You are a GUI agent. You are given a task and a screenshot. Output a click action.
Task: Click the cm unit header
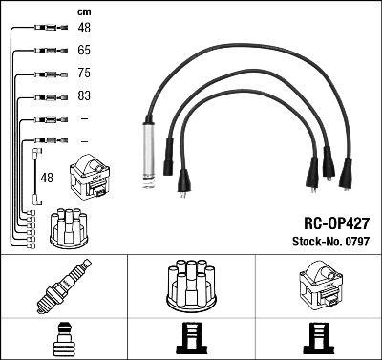click(x=84, y=12)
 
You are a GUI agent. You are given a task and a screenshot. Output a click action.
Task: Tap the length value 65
click(x=84, y=50)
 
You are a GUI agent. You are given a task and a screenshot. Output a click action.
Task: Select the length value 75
click(x=84, y=73)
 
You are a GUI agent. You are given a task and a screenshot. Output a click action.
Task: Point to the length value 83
click(x=84, y=96)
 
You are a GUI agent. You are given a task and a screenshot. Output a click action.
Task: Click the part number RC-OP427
click(x=336, y=223)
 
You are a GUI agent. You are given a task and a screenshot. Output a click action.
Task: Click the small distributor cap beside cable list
click(x=69, y=228)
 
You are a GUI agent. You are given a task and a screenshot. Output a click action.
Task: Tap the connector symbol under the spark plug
click(x=64, y=339)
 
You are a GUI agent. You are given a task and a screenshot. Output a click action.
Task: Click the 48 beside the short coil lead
click(x=47, y=178)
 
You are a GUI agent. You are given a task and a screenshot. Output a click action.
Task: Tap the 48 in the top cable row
click(x=84, y=28)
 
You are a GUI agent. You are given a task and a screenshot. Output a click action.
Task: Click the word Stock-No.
click(x=315, y=241)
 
